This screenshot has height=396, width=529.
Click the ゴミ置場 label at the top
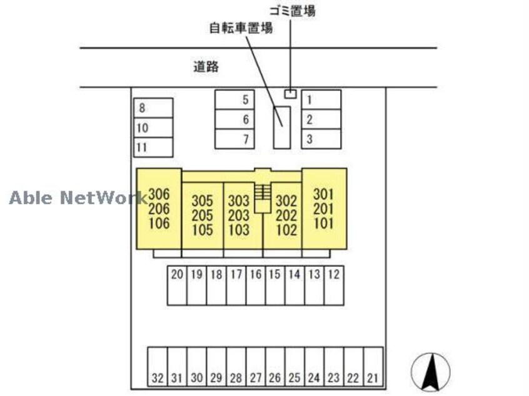[292, 11]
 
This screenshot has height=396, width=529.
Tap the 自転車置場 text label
[241, 28]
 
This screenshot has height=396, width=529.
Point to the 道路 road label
[206, 67]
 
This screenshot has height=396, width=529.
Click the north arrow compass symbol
[430, 372]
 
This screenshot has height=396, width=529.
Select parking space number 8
[153, 108]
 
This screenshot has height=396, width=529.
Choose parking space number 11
[153, 147]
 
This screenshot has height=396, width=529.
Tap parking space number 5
[234, 99]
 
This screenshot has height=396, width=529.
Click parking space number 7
[234, 139]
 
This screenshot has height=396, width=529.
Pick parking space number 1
[321, 99]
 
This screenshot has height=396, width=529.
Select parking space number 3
[321, 139]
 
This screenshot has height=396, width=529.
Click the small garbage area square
[290, 94]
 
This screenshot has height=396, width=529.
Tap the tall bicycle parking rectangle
[282, 127]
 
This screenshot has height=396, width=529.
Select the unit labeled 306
[159, 194]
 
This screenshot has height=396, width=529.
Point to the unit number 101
[324, 222]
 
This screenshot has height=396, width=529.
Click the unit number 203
[238, 215]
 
